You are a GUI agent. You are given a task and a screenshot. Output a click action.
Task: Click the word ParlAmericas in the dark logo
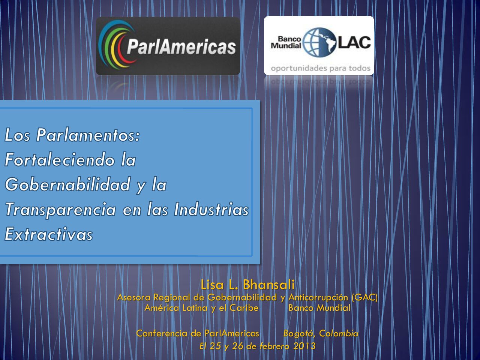181,47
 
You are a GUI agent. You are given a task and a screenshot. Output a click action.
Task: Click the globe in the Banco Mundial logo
320,42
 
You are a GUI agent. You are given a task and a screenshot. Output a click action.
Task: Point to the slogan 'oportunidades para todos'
321,68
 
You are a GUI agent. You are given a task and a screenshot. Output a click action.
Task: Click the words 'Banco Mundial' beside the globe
286,42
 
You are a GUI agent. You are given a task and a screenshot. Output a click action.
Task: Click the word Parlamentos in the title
88,135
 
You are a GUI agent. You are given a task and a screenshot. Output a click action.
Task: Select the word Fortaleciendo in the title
60,160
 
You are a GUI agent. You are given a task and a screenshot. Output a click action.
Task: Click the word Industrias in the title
211,209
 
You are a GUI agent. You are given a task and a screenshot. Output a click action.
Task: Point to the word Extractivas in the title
49,234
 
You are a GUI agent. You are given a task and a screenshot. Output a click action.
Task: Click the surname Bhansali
269,285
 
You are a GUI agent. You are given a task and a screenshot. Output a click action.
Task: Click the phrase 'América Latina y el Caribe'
202,308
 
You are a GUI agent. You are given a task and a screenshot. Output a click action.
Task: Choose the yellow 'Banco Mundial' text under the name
319,308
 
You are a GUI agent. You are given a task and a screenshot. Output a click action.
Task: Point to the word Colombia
339,333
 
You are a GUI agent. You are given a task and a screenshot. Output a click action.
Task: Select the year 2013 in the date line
304,346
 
